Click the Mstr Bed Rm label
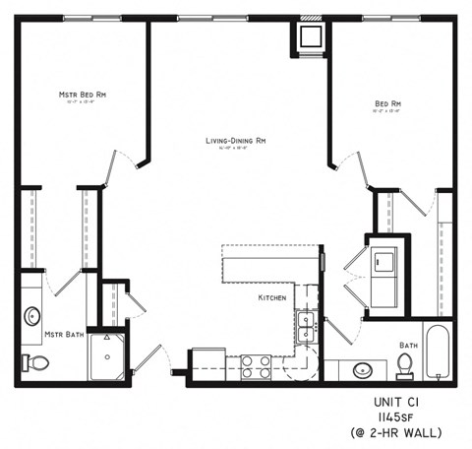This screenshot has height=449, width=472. click(x=83, y=95)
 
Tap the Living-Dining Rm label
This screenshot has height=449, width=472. click(x=236, y=142)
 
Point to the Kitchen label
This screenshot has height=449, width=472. click(x=272, y=297)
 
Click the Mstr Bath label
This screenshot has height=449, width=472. click(x=60, y=335)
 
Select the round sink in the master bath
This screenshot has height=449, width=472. click(x=33, y=317)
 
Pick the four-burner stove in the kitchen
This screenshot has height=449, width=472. click(x=257, y=366)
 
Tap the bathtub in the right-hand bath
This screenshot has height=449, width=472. click(x=438, y=352)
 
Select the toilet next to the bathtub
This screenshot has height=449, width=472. click(x=404, y=365)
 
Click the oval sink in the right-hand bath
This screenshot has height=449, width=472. click(x=363, y=371)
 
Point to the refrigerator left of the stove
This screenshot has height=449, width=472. click(x=208, y=363)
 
